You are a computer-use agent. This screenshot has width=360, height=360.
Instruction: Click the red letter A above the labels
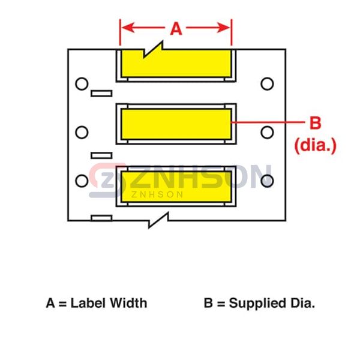(x=176, y=29)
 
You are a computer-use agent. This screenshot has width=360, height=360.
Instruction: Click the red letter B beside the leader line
(x=315, y=124)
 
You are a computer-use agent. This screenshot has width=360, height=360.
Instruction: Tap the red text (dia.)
(x=315, y=144)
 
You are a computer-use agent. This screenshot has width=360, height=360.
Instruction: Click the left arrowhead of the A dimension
(x=125, y=28)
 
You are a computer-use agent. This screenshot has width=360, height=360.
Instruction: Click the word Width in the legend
(x=127, y=303)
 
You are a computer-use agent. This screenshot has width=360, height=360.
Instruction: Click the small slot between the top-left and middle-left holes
(x=101, y=94)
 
